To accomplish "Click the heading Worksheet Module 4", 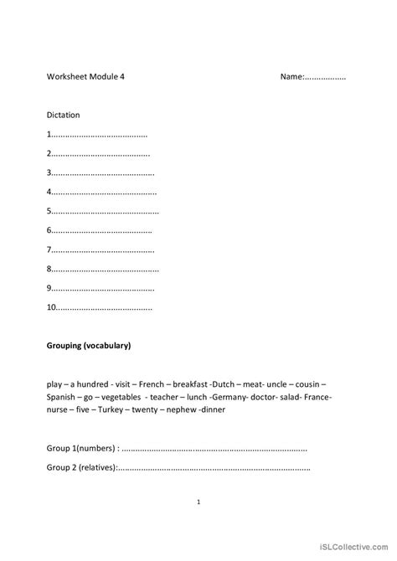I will [86, 77].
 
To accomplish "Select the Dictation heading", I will [64, 115].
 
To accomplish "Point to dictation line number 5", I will [102, 211].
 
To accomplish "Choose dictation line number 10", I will [100, 307].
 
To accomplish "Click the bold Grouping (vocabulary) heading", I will [89, 345].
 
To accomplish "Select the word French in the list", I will [140, 383].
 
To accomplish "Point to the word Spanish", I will [62, 396].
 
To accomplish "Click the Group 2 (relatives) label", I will [82, 468].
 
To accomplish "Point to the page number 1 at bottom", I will [198, 502].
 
